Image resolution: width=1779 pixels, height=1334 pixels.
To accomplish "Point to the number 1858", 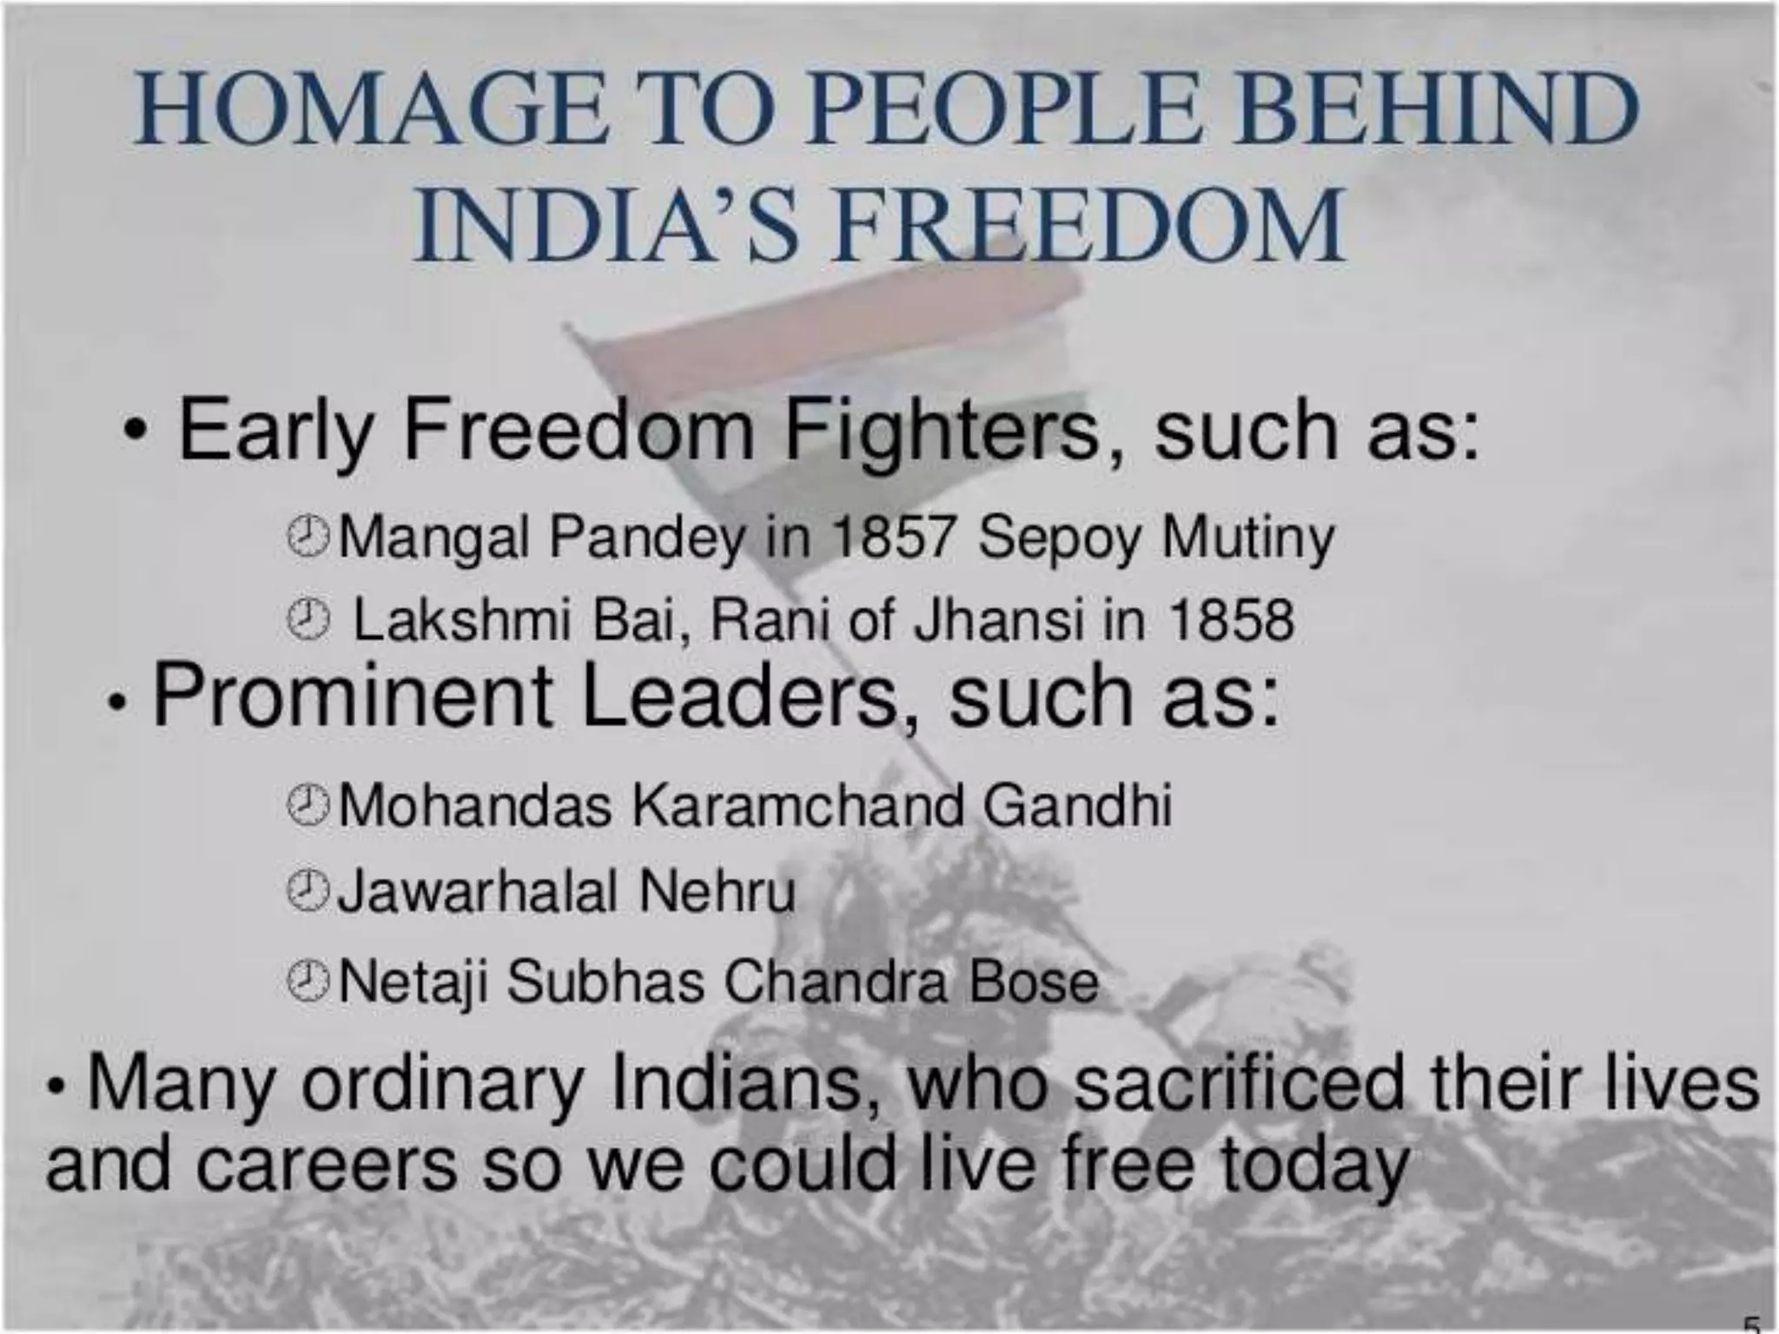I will [1231, 620].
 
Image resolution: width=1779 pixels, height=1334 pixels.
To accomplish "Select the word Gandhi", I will [1077, 805].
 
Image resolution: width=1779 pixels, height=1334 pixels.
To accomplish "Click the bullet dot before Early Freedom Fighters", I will [133, 432].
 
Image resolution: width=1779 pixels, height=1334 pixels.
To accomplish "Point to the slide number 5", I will [1752, 1324].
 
